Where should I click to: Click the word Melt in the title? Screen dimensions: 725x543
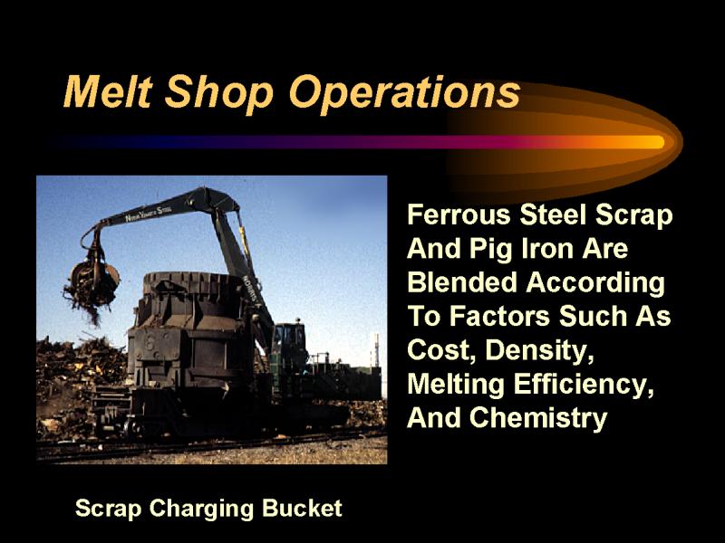pos(108,91)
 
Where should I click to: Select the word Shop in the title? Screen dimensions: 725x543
pos(219,94)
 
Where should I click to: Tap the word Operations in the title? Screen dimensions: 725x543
pos(404,94)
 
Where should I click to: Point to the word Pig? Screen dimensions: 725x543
pos(491,250)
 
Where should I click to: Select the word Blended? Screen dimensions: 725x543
pos(462,282)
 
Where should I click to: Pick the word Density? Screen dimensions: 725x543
pos(539,350)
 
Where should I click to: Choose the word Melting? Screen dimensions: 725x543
pos(456,385)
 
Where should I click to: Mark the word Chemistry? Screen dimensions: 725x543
pos(538,418)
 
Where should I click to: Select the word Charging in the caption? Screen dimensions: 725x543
pos(201,509)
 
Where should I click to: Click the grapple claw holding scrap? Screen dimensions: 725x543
pos(94,280)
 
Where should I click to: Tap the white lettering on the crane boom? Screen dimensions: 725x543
pos(148,214)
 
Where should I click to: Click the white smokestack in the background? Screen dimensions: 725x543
pos(376,350)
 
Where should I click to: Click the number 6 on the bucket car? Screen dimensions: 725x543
pos(150,343)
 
